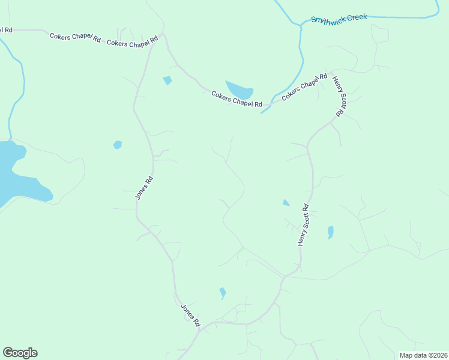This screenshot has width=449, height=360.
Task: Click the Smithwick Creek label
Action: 339,18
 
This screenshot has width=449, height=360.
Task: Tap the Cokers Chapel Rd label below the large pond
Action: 237,100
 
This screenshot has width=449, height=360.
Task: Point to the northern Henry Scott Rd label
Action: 340,96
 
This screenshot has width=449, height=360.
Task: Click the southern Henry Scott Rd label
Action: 303,225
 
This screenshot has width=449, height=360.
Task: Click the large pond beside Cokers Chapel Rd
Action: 240,89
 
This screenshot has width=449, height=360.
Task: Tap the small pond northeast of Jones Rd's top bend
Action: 167,80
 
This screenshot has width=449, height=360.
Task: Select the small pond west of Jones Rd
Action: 118,145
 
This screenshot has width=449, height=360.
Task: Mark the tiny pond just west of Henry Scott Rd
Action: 286,203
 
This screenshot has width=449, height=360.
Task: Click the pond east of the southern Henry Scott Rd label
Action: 330,232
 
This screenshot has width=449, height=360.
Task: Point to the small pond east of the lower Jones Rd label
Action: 223,292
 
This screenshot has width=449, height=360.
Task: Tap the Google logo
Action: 20,353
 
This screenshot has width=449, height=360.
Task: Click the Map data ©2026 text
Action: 423,355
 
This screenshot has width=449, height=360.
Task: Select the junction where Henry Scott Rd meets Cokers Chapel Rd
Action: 332,71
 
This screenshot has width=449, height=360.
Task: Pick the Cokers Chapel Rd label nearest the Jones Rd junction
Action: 132,41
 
